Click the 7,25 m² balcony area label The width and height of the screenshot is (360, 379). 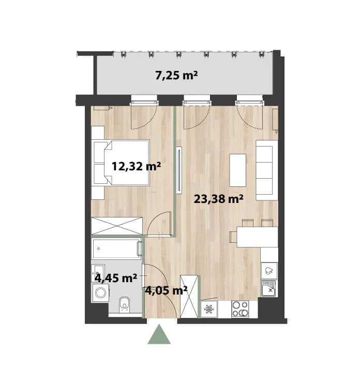point(176,76)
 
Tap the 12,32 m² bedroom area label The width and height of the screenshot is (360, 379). point(136,166)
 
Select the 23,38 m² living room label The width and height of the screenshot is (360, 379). point(218,199)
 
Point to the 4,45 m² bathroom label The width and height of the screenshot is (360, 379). point(116,278)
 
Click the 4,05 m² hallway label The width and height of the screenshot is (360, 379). point(166,290)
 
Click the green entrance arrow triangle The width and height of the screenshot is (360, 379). point(159,334)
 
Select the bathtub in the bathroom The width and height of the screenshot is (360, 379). point(116,249)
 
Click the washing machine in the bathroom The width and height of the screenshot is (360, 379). point(100,293)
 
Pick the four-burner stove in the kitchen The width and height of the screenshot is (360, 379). point(240,309)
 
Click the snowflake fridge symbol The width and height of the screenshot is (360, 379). point(209,309)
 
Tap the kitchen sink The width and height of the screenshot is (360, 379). point(269,288)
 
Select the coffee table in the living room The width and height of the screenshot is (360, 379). point(238,170)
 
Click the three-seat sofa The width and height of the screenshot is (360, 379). point(267,170)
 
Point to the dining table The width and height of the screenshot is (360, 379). point(258,237)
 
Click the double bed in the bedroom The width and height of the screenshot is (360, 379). point(120,163)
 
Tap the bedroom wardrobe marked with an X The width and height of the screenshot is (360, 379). point(117,226)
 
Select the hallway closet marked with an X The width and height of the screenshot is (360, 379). point(189,296)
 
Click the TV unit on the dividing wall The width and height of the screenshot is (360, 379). point(179,170)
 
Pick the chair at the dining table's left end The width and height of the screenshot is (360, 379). point(233,237)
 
